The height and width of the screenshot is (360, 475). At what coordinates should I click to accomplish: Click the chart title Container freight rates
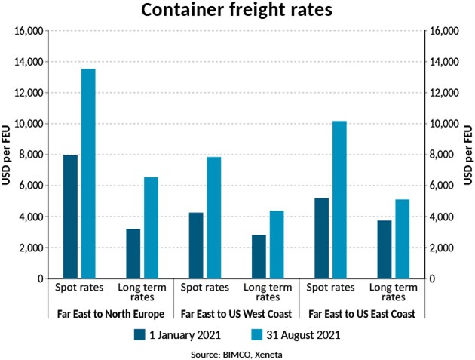(x=237, y=12)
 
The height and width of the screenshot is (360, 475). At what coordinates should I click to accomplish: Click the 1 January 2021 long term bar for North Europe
(x=133, y=254)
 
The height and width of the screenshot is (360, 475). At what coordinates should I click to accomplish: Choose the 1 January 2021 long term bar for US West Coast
(x=259, y=257)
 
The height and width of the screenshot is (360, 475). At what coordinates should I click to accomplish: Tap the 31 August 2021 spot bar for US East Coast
(x=339, y=199)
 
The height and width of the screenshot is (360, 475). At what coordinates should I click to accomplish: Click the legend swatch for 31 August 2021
(x=253, y=334)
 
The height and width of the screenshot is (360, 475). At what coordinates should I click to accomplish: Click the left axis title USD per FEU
(x=8, y=155)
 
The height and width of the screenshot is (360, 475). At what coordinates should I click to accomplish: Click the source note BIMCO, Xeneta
(x=237, y=352)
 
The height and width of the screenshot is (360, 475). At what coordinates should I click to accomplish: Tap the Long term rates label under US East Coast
(x=394, y=292)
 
